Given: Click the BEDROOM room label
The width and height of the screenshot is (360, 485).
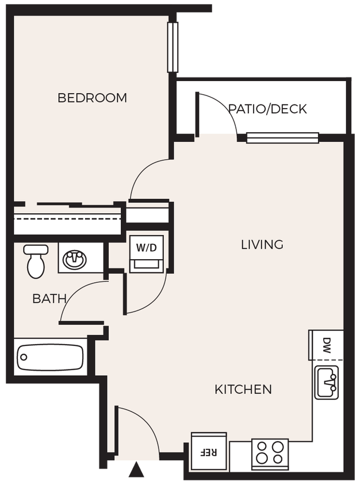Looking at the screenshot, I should (x=92, y=98).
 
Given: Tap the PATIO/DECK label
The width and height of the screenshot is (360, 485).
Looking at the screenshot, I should (x=267, y=109).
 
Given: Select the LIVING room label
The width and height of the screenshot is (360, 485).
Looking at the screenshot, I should (x=262, y=245).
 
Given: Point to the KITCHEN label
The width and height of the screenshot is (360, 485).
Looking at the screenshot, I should (x=243, y=390).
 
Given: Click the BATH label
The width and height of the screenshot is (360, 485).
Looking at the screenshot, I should (x=49, y=299).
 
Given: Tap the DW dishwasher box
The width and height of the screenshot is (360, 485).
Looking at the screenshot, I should (x=326, y=345).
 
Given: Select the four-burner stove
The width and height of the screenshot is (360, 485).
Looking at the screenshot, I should (x=270, y=452).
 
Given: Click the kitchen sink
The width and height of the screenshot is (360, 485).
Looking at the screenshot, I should (x=327, y=382).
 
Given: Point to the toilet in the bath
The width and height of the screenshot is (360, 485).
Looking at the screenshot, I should (x=36, y=261).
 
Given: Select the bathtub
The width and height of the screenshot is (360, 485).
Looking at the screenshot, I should (x=49, y=356).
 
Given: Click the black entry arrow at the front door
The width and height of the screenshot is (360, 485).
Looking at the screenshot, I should (x=137, y=471).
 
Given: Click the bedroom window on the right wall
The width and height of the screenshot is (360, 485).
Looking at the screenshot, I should (x=171, y=47).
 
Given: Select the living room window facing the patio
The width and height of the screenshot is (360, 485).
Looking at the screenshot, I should (x=282, y=137).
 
